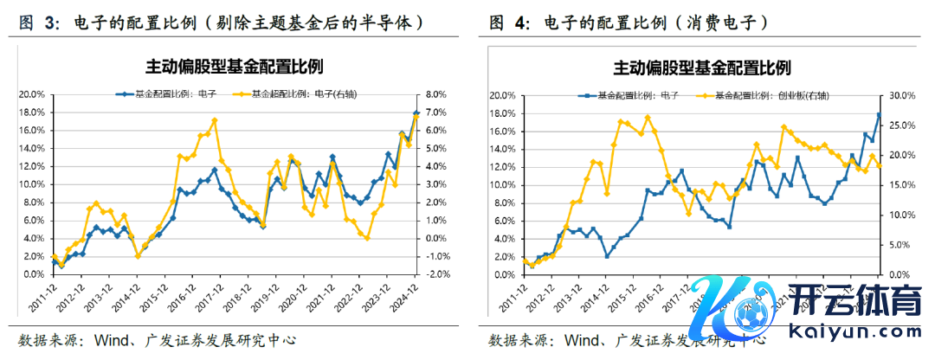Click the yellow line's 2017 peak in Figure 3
point(214,120)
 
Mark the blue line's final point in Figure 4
point(880,114)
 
